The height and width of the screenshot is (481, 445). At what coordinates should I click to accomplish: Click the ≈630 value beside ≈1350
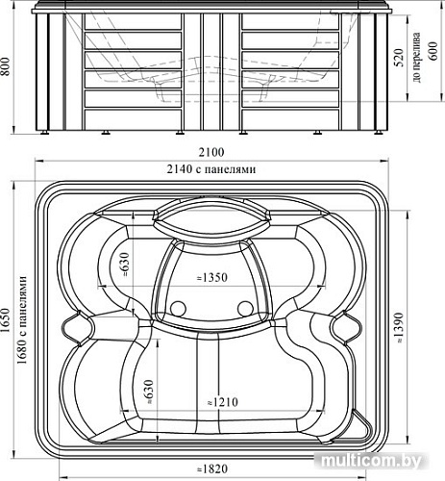pyautogui.click(x=124, y=263)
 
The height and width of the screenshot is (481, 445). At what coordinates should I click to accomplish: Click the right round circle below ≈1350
pyautogui.click(x=244, y=309)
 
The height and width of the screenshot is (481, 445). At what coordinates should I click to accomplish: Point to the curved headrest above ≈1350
pyautogui.click(x=211, y=219)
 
